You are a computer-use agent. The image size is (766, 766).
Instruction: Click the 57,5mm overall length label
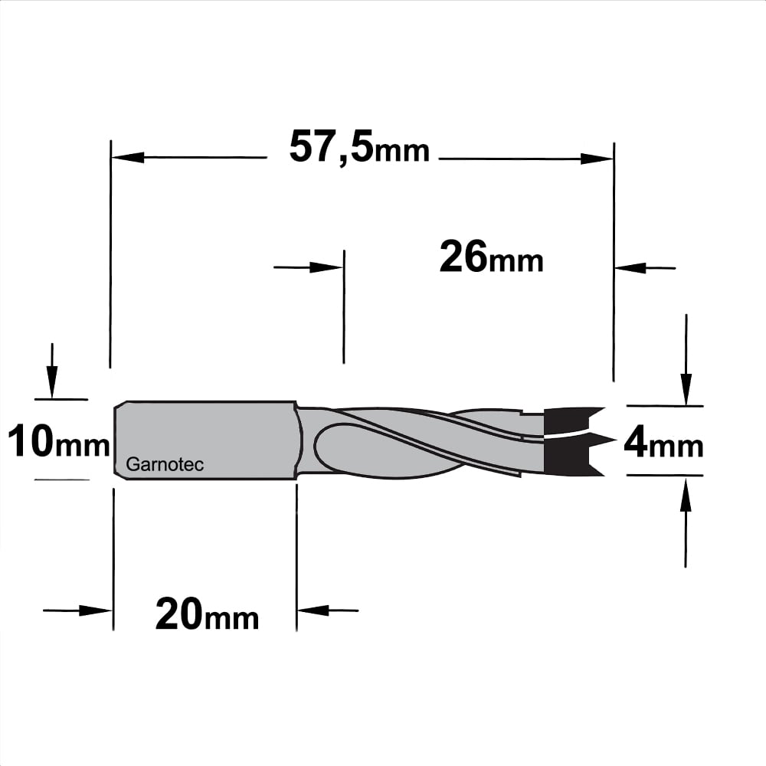coord(359,147)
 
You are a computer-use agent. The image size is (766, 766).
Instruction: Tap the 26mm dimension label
coord(491,257)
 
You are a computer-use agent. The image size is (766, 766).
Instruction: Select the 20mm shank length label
coord(207,615)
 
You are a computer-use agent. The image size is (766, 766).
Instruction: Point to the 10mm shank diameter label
coord(59,440)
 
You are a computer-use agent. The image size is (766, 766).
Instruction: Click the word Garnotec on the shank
coord(165,464)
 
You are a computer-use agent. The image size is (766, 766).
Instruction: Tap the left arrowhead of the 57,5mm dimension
coord(128,158)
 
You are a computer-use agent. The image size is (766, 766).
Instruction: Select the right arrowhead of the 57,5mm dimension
coord(597,159)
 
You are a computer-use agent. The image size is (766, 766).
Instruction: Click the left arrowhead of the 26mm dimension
coord(326,267)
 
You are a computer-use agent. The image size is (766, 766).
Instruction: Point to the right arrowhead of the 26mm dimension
coord(630,267)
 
